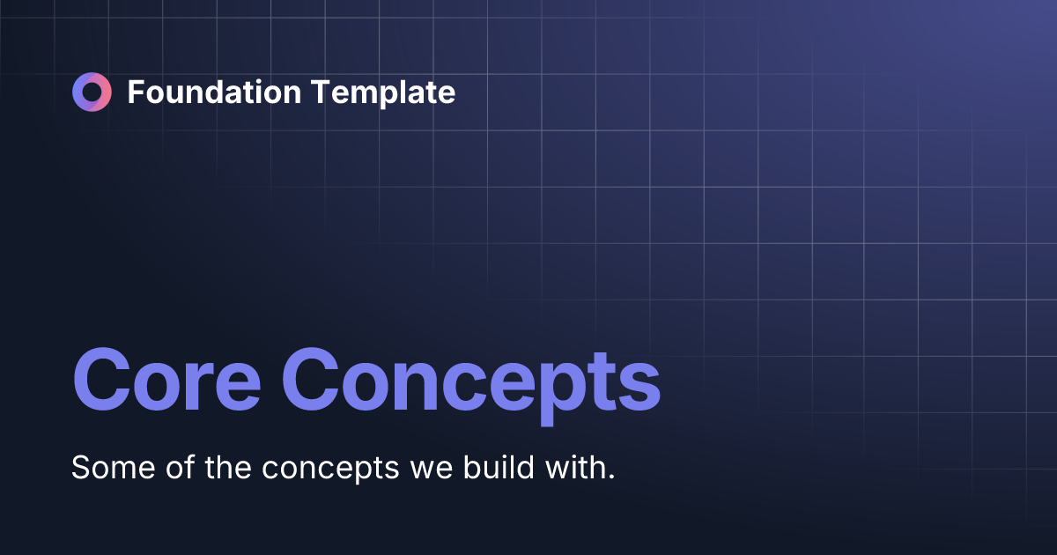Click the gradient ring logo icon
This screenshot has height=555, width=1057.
click(x=92, y=92)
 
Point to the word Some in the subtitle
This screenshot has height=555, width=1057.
click(x=107, y=467)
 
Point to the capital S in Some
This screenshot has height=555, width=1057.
click(x=81, y=467)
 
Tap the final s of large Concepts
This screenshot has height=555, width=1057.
click(x=641, y=388)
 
